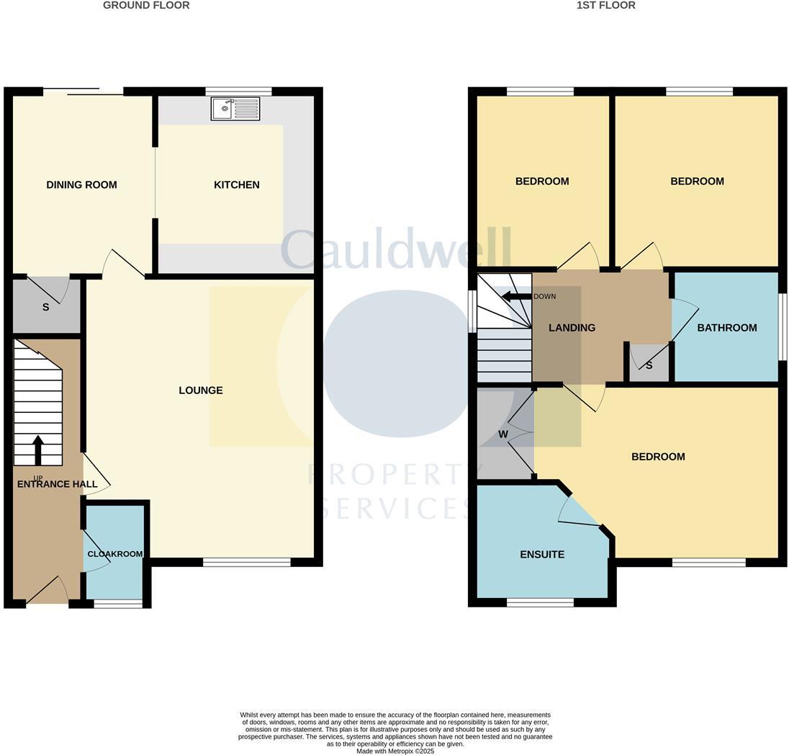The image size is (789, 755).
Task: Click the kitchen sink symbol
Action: [235, 109]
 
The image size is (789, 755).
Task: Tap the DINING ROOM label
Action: [81, 185]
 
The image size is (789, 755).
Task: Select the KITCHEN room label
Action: [236, 185]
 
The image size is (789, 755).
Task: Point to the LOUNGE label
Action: [201, 390]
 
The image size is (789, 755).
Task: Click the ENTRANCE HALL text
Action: [57, 484]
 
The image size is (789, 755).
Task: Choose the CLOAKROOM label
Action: [114, 554]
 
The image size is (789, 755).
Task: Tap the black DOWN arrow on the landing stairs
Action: [515, 296]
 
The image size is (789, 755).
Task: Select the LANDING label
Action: [572, 328]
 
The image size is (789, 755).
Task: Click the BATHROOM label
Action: [726, 328]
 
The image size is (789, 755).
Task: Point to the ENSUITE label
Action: [542, 555]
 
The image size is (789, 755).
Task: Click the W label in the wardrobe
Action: [503, 434]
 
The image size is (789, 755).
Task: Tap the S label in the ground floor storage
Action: [45, 308]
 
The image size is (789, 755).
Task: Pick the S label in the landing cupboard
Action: [649, 366]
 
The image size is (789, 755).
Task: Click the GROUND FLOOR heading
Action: [146, 5]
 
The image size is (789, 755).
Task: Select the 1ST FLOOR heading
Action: [605, 5]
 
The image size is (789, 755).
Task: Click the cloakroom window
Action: [118, 604]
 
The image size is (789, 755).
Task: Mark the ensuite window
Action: [540, 602]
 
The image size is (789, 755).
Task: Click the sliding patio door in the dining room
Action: [83, 91]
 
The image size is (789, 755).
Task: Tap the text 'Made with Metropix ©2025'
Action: [395, 751]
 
